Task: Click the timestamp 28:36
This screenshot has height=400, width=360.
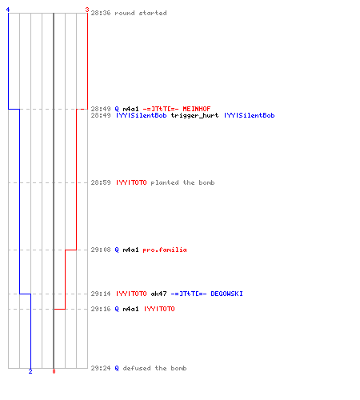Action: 101,13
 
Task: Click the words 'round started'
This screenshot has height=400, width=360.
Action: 141,13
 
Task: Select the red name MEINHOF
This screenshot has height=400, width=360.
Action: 197,109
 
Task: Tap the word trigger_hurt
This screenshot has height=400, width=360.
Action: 194,116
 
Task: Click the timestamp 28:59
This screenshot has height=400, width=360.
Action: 101,182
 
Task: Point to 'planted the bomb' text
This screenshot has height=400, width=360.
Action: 182,182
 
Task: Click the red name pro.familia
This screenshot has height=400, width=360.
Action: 165,250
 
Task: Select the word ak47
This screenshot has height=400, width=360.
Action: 158,294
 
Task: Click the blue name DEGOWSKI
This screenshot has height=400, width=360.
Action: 226,294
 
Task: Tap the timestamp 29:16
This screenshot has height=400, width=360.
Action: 101,309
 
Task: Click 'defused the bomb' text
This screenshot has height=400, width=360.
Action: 154,368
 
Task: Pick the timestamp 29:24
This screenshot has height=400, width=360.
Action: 101,368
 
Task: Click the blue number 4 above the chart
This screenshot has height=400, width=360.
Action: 8,10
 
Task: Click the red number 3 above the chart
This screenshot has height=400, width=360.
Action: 87,10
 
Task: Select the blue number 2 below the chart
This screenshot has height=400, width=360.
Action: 30,371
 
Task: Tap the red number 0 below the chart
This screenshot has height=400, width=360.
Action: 54,371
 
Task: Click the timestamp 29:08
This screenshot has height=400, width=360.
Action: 101,250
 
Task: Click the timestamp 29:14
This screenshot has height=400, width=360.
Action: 101,294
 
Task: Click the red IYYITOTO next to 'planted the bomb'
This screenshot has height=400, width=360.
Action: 131,182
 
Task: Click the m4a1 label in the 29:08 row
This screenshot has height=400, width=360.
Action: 130,250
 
